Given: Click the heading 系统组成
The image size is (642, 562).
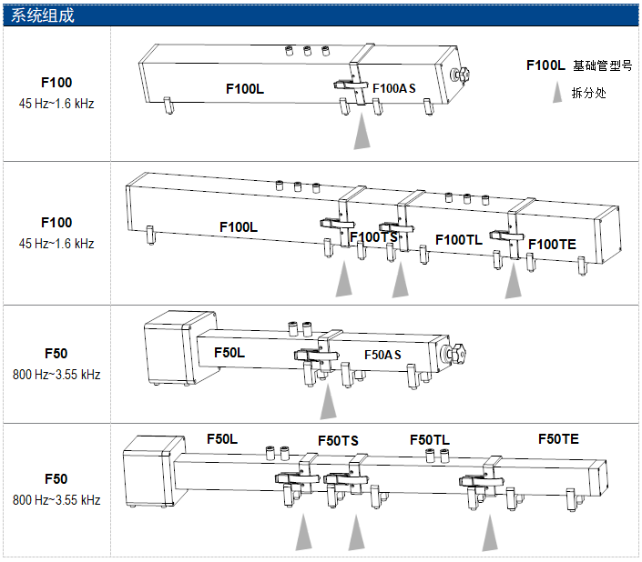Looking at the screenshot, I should click(x=43, y=15).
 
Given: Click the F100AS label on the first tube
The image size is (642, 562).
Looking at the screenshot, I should click(x=394, y=88).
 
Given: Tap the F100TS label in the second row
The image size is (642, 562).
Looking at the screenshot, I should click(x=374, y=237).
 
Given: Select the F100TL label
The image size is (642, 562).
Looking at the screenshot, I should click(x=459, y=240).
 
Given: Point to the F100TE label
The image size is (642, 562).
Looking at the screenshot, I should click(x=552, y=244).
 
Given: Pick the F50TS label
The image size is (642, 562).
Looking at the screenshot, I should click(x=338, y=441).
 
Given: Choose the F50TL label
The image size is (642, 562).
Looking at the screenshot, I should click(x=430, y=439).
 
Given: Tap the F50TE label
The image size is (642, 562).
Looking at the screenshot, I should click(x=558, y=438).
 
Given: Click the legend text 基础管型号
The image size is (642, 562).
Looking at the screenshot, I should click(x=602, y=66).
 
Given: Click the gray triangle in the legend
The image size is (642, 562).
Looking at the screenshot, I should click(x=557, y=93).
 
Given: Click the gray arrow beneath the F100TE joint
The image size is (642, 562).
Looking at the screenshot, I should click(x=515, y=281).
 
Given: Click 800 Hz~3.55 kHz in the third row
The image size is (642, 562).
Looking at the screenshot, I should click(x=56, y=375).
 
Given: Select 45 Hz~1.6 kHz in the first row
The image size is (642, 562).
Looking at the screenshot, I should click(x=56, y=104).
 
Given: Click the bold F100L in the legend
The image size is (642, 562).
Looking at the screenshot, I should click(x=545, y=65).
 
